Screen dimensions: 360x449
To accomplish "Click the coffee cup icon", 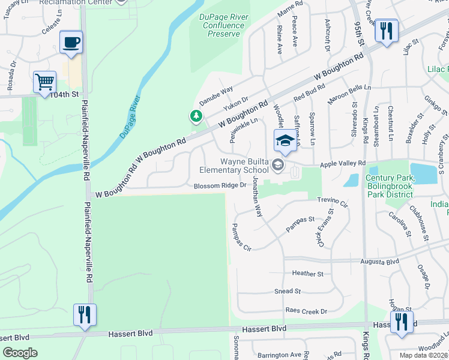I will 71,43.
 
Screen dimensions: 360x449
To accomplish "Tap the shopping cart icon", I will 44,83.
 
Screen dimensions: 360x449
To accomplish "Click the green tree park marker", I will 195,116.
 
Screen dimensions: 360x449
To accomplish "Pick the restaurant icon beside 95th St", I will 386,31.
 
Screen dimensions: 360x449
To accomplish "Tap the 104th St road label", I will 64,95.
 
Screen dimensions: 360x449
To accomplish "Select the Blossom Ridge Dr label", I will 220,185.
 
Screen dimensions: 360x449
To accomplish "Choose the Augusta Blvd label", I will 379,262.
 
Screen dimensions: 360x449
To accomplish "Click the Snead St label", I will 288,291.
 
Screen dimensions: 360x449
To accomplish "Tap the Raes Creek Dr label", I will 306,311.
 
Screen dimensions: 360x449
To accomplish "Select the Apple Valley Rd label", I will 343,163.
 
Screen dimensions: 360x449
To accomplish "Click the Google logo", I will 20,353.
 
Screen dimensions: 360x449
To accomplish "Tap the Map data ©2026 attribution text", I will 423,355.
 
